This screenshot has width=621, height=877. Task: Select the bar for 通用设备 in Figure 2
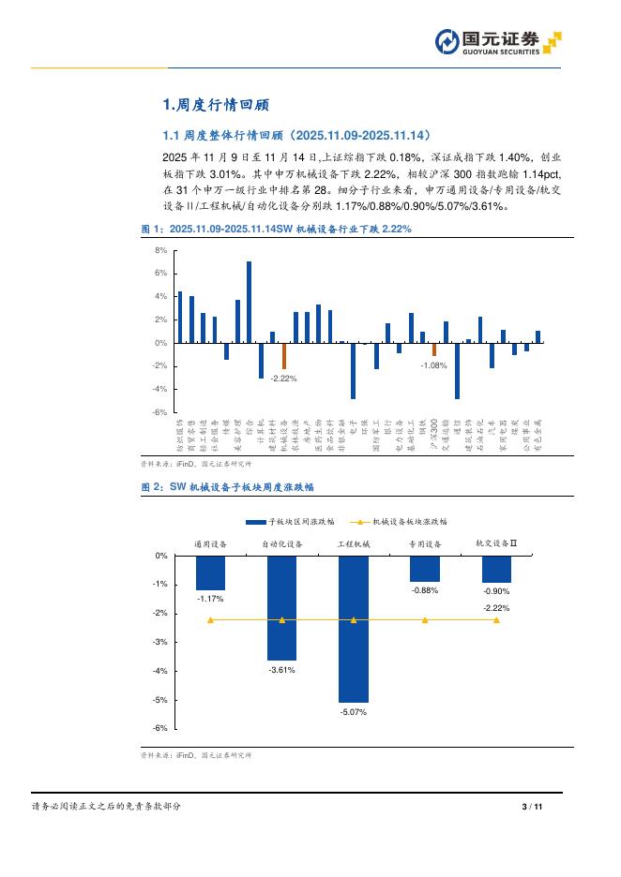(x=210, y=572)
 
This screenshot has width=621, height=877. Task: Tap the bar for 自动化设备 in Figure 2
(x=281, y=607)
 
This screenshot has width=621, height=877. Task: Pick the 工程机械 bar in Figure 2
(x=353, y=629)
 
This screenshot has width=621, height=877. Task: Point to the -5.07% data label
(x=353, y=712)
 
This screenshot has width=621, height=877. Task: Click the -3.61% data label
(x=281, y=670)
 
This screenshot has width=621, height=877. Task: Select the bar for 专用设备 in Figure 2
(x=425, y=569)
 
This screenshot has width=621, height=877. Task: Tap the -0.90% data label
(x=496, y=591)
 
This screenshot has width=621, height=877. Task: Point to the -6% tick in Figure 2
(x=160, y=728)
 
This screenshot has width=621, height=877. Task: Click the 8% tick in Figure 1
(x=160, y=251)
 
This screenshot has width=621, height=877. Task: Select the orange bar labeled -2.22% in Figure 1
(x=284, y=356)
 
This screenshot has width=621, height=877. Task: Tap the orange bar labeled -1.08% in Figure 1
(x=433, y=349)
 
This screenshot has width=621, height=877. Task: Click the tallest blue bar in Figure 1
(x=249, y=302)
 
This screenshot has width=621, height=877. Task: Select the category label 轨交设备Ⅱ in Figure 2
(x=496, y=543)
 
